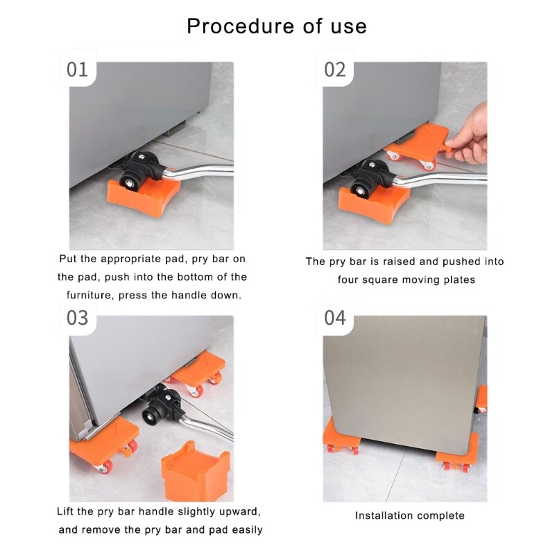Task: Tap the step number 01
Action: coord(77,69)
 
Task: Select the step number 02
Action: coord(335,69)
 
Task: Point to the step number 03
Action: coord(77,318)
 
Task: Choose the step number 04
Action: coord(335,318)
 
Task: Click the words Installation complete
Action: coord(409,515)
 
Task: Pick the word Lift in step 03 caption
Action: coord(65,511)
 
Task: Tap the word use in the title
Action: coord(349,27)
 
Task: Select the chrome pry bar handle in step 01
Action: coord(198,171)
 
